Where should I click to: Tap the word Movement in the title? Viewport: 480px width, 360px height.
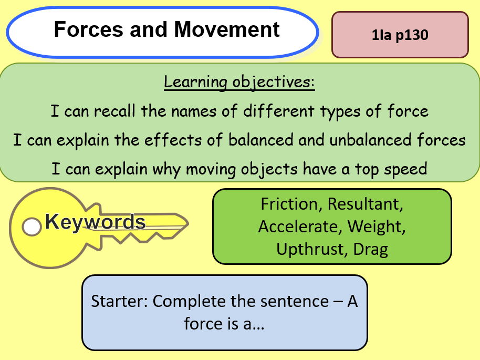[227, 29]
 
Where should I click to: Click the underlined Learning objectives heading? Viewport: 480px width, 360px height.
[239, 83]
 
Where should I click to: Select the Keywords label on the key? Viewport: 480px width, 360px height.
[95, 222]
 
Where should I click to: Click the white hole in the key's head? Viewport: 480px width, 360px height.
[32, 227]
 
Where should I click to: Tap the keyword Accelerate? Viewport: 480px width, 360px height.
[297, 227]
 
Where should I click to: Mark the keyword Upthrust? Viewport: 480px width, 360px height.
[309, 249]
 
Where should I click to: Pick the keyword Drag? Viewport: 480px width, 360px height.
[370, 249]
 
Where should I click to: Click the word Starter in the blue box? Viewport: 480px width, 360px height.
[119, 302]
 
